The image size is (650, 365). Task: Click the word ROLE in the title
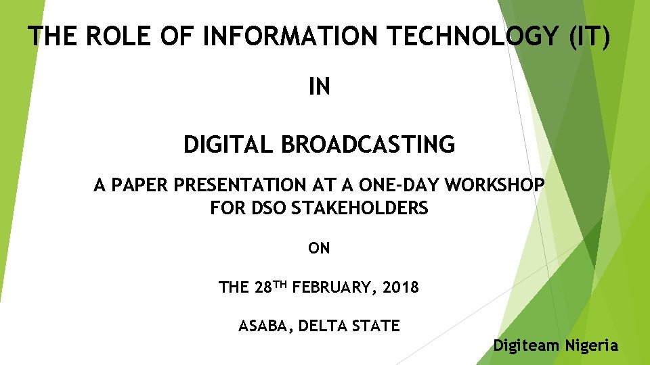pyautogui.click(x=109, y=36)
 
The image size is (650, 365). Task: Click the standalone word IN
pyautogui.click(x=319, y=87)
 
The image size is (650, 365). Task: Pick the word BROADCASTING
pyautogui.click(x=367, y=144)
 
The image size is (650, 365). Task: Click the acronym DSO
pyautogui.click(x=269, y=208)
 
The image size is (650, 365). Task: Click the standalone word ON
pyautogui.click(x=319, y=248)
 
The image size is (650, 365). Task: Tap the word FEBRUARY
pyautogui.click(x=334, y=287)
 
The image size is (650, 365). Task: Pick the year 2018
pyautogui.click(x=401, y=287)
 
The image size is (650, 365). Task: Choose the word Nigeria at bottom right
pyautogui.click(x=592, y=345)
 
